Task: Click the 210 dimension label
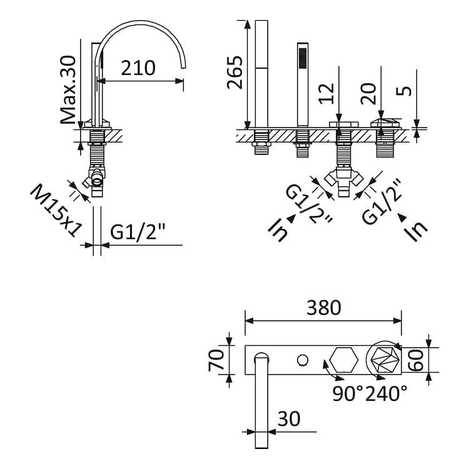pyautogui.click(x=138, y=68)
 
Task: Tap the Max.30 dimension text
pyautogui.click(x=68, y=89)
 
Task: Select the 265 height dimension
pyautogui.click(x=234, y=73)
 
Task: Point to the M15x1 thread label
pyautogui.click(x=56, y=211)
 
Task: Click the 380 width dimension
pyautogui.click(x=324, y=308)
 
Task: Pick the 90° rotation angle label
pyautogui.click(x=348, y=393)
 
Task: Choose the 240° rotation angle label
pyautogui.click(x=386, y=393)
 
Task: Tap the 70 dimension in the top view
pyautogui.click(x=216, y=360)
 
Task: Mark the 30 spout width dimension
pyautogui.click(x=289, y=419)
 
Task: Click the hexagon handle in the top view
pyautogui.click(x=344, y=360)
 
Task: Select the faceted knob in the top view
pyautogui.click(x=385, y=360)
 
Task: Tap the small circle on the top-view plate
pyautogui.click(x=303, y=360)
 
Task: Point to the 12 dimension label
pyautogui.click(x=326, y=94)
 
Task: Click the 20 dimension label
pyautogui.click(x=368, y=94)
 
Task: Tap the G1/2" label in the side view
pyautogui.click(x=138, y=231)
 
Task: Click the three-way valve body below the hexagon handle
pyautogui.click(x=344, y=181)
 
